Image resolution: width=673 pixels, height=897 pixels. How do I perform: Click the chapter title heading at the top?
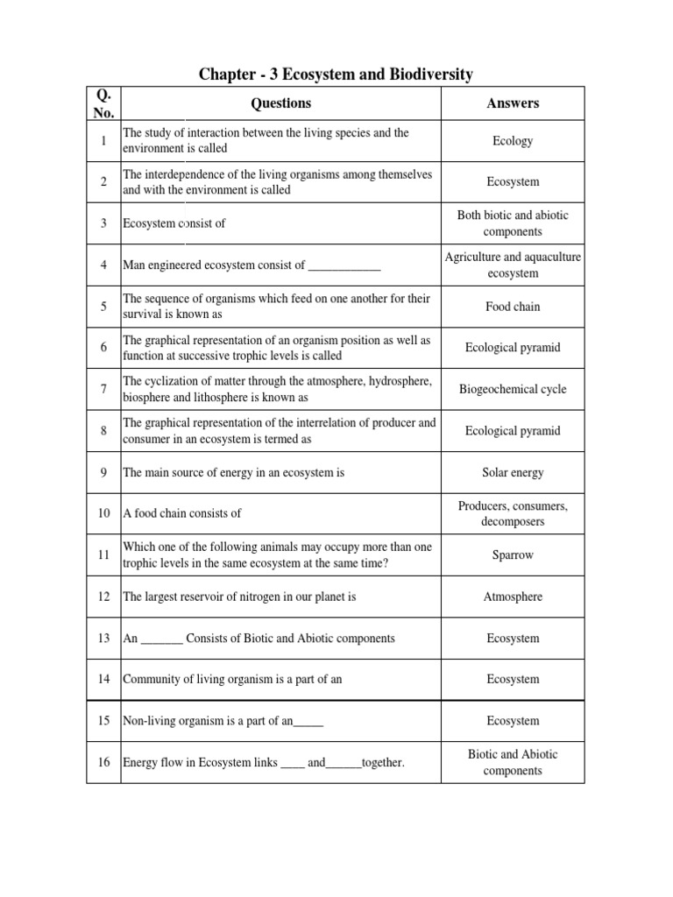tap(336, 74)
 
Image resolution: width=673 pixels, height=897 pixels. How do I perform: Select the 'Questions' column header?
tap(280, 103)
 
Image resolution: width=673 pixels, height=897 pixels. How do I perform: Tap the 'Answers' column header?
tap(513, 103)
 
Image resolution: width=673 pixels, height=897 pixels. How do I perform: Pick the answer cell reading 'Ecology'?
tap(513, 141)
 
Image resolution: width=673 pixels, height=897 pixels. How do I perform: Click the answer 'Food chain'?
tap(513, 307)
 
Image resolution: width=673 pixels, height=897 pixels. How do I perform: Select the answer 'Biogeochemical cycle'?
tap(513, 390)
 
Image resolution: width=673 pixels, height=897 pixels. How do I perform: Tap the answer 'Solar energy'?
tap(513, 473)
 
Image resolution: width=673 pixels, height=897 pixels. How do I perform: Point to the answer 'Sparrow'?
tap(513, 555)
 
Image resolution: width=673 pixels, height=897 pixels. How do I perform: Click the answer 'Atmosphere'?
tap(513, 597)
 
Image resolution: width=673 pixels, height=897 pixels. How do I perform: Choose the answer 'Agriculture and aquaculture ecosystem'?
tap(513, 265)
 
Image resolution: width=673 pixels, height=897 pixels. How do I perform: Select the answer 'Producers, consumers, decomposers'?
tap(513, 514)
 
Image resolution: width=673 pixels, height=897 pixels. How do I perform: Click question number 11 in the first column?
tap(103, 555)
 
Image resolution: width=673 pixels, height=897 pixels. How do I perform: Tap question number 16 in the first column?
tap(103, 763)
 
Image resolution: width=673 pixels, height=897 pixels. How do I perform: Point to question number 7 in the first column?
tap(103, 390)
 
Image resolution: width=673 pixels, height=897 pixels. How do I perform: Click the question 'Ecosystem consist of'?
tap(174, 223)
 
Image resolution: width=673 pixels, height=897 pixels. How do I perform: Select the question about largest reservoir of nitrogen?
tap(239, 597)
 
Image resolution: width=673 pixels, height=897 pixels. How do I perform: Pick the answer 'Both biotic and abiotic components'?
tap(513, 223)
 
